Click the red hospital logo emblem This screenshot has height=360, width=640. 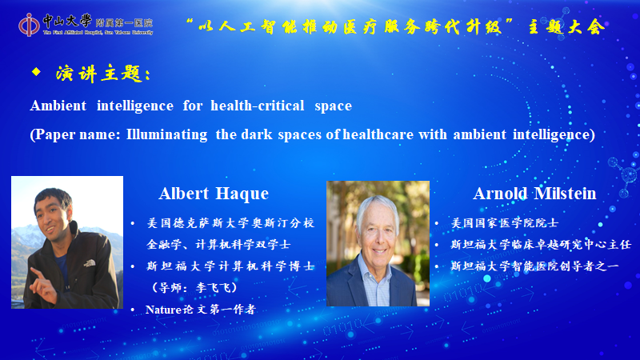(29, 25)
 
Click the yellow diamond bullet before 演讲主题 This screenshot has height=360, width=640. (36, 72)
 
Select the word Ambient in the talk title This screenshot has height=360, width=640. (58, 106)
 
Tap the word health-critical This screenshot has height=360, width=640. (257, 106)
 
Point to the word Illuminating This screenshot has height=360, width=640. (166, 134)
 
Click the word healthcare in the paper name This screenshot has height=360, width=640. (378, 134)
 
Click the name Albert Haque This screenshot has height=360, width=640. (214, 194)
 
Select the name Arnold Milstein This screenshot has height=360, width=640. (534, 194)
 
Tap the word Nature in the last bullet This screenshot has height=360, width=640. (163, 310)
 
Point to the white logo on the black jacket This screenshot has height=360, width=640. (89, 263)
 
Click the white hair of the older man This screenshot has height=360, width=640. (377, 208)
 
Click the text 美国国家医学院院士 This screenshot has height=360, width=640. (505, 223)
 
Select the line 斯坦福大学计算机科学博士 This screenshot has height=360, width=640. (230, 266)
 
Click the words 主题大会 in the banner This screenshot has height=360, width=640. (566, 27)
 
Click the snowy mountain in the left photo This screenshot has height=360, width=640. (25, 237)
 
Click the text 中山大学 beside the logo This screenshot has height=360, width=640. (67, 20)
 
